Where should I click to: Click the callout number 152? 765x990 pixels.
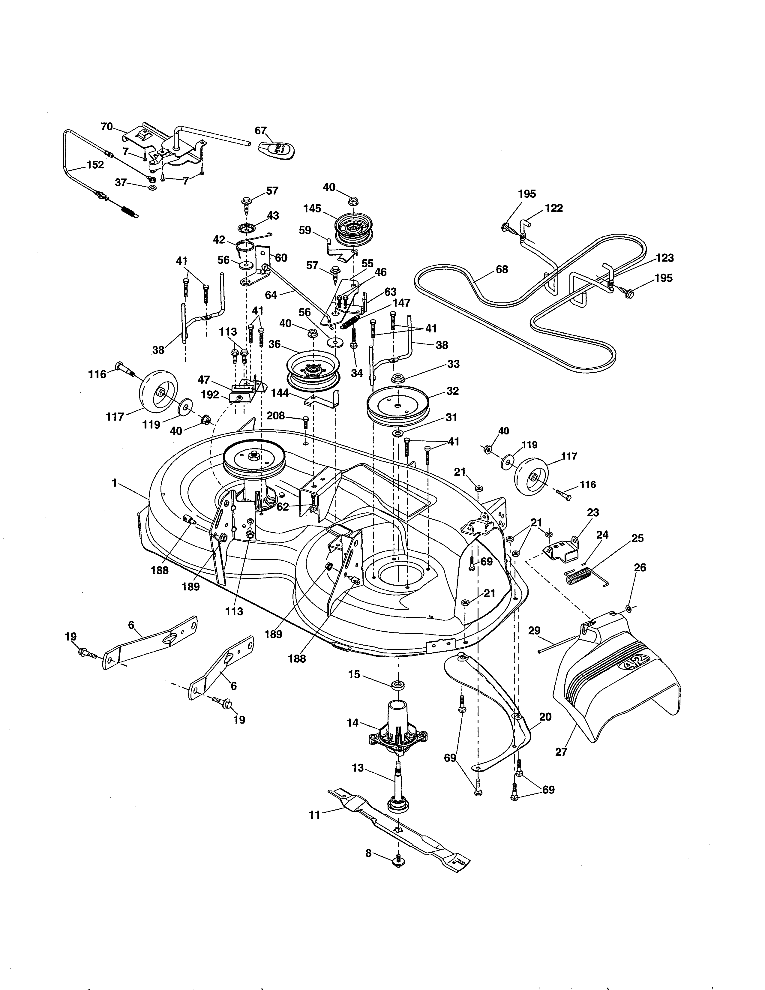pyautogui.click(x=95, y=165)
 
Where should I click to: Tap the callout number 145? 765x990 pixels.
pyautogui.click(x=312, y=208)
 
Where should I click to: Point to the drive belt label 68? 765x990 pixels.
pyautogui.click(x=502, y=269)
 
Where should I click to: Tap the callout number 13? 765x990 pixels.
pyautogui.click(x=358, y=768)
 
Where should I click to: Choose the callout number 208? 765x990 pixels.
pyautogui.click(x=275, y=415)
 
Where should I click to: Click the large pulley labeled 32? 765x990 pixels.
pyautogui.click(x=397, y=403)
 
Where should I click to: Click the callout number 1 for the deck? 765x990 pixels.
pyautogui.click(x=115, y=483)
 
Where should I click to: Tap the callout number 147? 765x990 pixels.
pyautogui.click(x=401, y=303)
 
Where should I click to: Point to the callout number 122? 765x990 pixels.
pyautogui.click(x=554, y=208)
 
